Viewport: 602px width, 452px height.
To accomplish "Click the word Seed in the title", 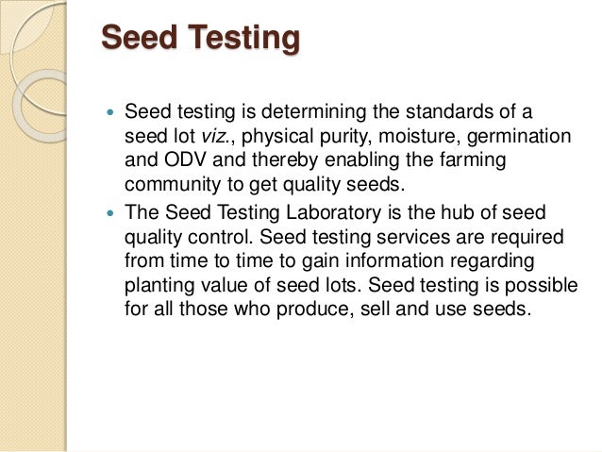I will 138,39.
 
